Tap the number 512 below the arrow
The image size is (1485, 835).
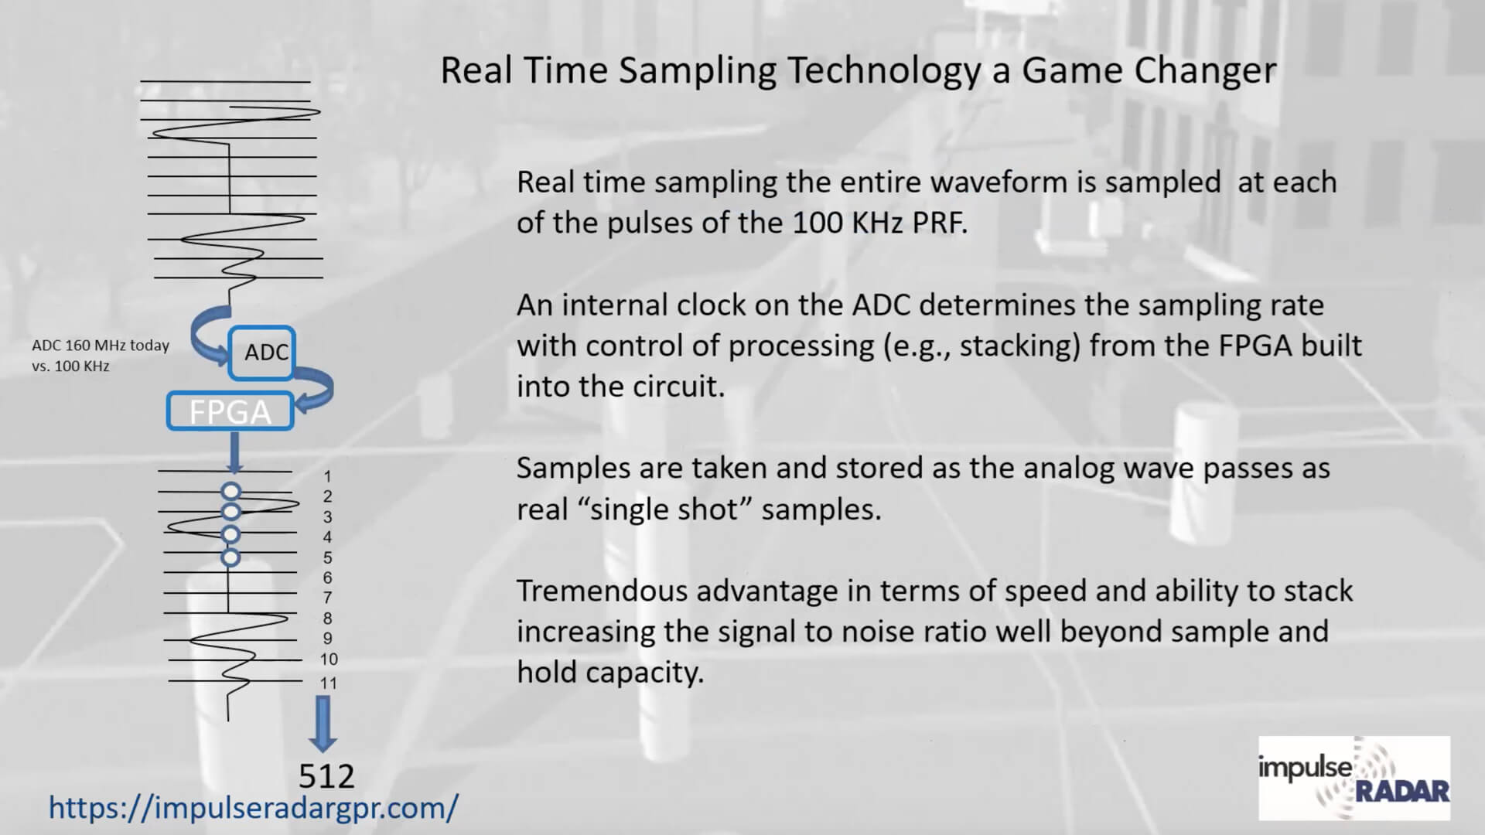pyautogui.click(x=326, y=775)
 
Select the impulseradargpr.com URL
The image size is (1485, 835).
pyautogui.click(x=253, y=807)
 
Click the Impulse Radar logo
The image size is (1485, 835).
pyautogui.click(x=1354, y=778)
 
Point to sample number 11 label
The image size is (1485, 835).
pyautogui.click(x=329, y=683)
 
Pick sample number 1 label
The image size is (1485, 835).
pyautogui.click(x=328, y=476)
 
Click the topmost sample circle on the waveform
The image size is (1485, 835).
pyautogui.click(x=230, y=491)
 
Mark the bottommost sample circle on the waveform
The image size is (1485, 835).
pyautogui.click(x=230, y=557)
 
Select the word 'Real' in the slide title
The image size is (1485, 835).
pyautogui.click(x=476, y=70)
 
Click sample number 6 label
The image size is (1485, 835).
pyautogui.click(x=328, y=578)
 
